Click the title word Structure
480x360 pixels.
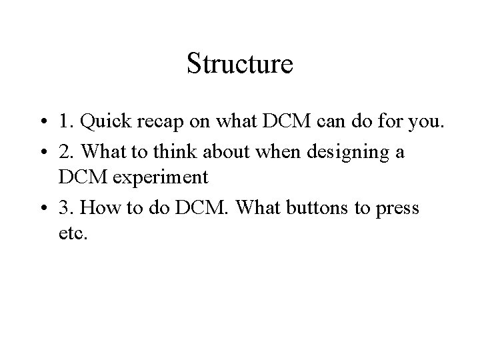pos(240,64)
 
